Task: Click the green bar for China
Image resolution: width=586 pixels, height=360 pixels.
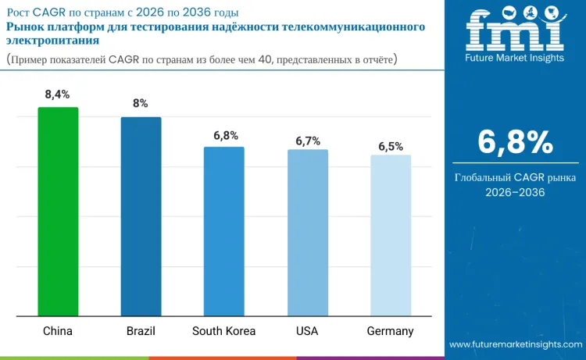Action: [58, 212]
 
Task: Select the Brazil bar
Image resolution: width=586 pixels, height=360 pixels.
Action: [141, 216]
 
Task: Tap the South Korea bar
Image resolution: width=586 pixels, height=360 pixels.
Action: [224, 231]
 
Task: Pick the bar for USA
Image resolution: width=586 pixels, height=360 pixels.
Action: [307, 233]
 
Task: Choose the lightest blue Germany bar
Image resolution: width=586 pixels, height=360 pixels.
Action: [391, 235]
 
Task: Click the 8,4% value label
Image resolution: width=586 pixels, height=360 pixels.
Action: [58, 94]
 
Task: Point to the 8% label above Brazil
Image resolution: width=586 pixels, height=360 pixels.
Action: [141, 104]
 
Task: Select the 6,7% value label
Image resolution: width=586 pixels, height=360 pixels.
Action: [307, 141]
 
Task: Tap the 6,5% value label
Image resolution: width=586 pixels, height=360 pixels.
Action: [391, 146]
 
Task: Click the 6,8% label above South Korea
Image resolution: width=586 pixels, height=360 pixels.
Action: [225, 135]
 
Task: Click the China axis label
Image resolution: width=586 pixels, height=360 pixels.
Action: [58, 331]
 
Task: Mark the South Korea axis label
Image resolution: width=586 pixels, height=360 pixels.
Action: [224, 331]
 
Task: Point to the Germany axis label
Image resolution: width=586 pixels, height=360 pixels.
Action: [391, 331]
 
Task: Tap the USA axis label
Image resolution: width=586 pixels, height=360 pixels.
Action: [307, 331]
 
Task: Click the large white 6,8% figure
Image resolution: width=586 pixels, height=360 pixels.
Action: [515, 142]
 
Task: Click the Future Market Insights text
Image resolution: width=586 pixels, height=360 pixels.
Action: [514, 59]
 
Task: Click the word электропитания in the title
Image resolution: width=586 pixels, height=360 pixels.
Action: [47, 41]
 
